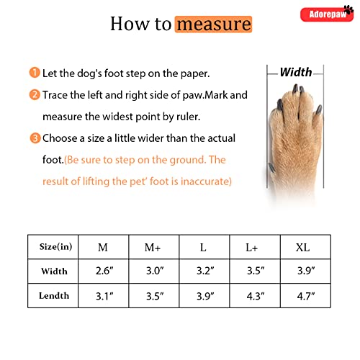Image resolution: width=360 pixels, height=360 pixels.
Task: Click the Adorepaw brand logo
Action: pos(327,14)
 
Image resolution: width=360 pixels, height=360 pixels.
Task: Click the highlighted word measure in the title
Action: pos(214,24)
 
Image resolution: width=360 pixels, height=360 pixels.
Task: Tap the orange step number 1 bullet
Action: pos(35,73)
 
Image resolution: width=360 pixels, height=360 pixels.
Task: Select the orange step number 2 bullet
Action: pos(35,94)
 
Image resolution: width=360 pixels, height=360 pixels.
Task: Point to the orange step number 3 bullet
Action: pos(35,138)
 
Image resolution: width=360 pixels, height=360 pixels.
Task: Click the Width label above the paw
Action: pos(296,72)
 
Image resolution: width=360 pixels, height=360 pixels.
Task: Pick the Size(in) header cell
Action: pos(55,247)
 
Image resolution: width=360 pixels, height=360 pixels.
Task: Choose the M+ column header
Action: pos(153,248)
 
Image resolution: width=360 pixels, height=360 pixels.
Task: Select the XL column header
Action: pos(302,248)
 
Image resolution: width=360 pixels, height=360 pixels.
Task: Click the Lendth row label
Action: pos(54,296)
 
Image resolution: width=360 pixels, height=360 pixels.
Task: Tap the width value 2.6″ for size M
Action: pos(104,271)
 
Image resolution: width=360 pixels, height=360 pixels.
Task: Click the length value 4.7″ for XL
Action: pos(306,297)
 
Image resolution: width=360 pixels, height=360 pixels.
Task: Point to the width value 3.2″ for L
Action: pos(205,271)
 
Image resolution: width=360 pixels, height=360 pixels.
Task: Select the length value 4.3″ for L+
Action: pos(256,297)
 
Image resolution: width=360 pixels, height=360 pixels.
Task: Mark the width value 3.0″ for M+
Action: pos(155,271)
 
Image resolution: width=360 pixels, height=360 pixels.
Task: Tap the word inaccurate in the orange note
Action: pos(206,181)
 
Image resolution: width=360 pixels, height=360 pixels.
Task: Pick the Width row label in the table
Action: pos(54,271)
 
